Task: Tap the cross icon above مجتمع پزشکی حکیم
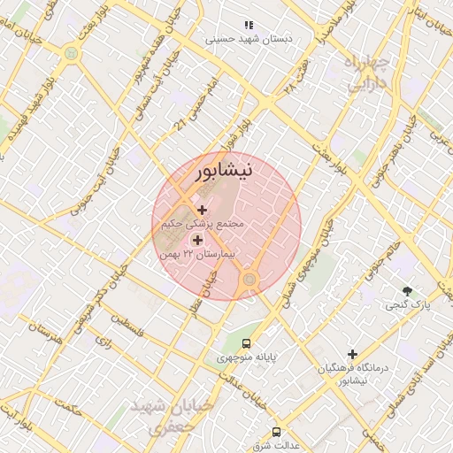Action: coord(203,210)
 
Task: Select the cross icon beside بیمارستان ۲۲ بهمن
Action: coord(196,239)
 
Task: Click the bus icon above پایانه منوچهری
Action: coord(246,343)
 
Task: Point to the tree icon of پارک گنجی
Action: coord(407,290)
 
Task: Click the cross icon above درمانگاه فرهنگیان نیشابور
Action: coord(352,354)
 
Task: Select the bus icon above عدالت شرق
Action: coord(276,432)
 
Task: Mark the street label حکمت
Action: coord(67,409)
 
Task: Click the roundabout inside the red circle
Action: coord(250,280)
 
